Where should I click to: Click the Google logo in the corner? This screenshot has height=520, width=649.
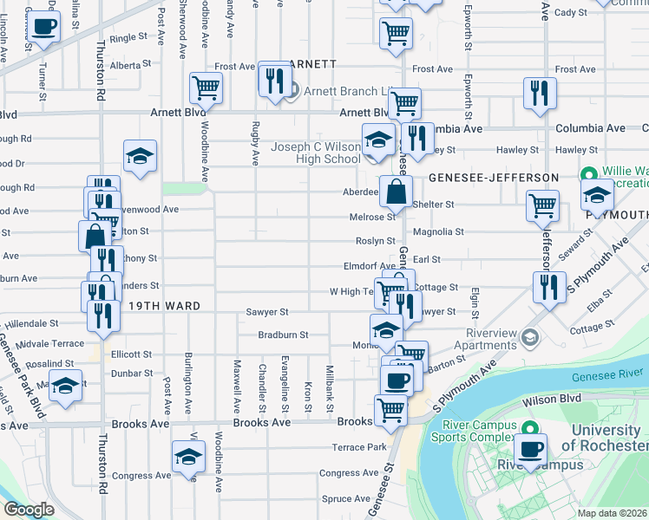(x=28, y=510)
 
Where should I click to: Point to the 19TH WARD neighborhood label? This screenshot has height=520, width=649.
(x=165, y=306)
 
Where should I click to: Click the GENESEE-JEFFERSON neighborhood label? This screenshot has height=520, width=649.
(x=494, y=178)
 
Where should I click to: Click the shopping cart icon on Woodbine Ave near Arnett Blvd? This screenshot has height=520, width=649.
(x=206, y=87)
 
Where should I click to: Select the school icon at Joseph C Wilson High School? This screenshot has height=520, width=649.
(x=378, y=139)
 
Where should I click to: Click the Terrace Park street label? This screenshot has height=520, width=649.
(x=357, y=448)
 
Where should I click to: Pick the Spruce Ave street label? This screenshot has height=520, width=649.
(x=345, y=498)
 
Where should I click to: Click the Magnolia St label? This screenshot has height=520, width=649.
(x=438, y=231)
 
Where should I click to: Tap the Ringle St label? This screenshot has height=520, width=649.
(x=128, y=37)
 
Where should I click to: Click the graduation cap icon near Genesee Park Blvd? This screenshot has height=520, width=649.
(x=64, y=387)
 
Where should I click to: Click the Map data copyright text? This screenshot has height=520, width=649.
(x=612, y=513)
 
